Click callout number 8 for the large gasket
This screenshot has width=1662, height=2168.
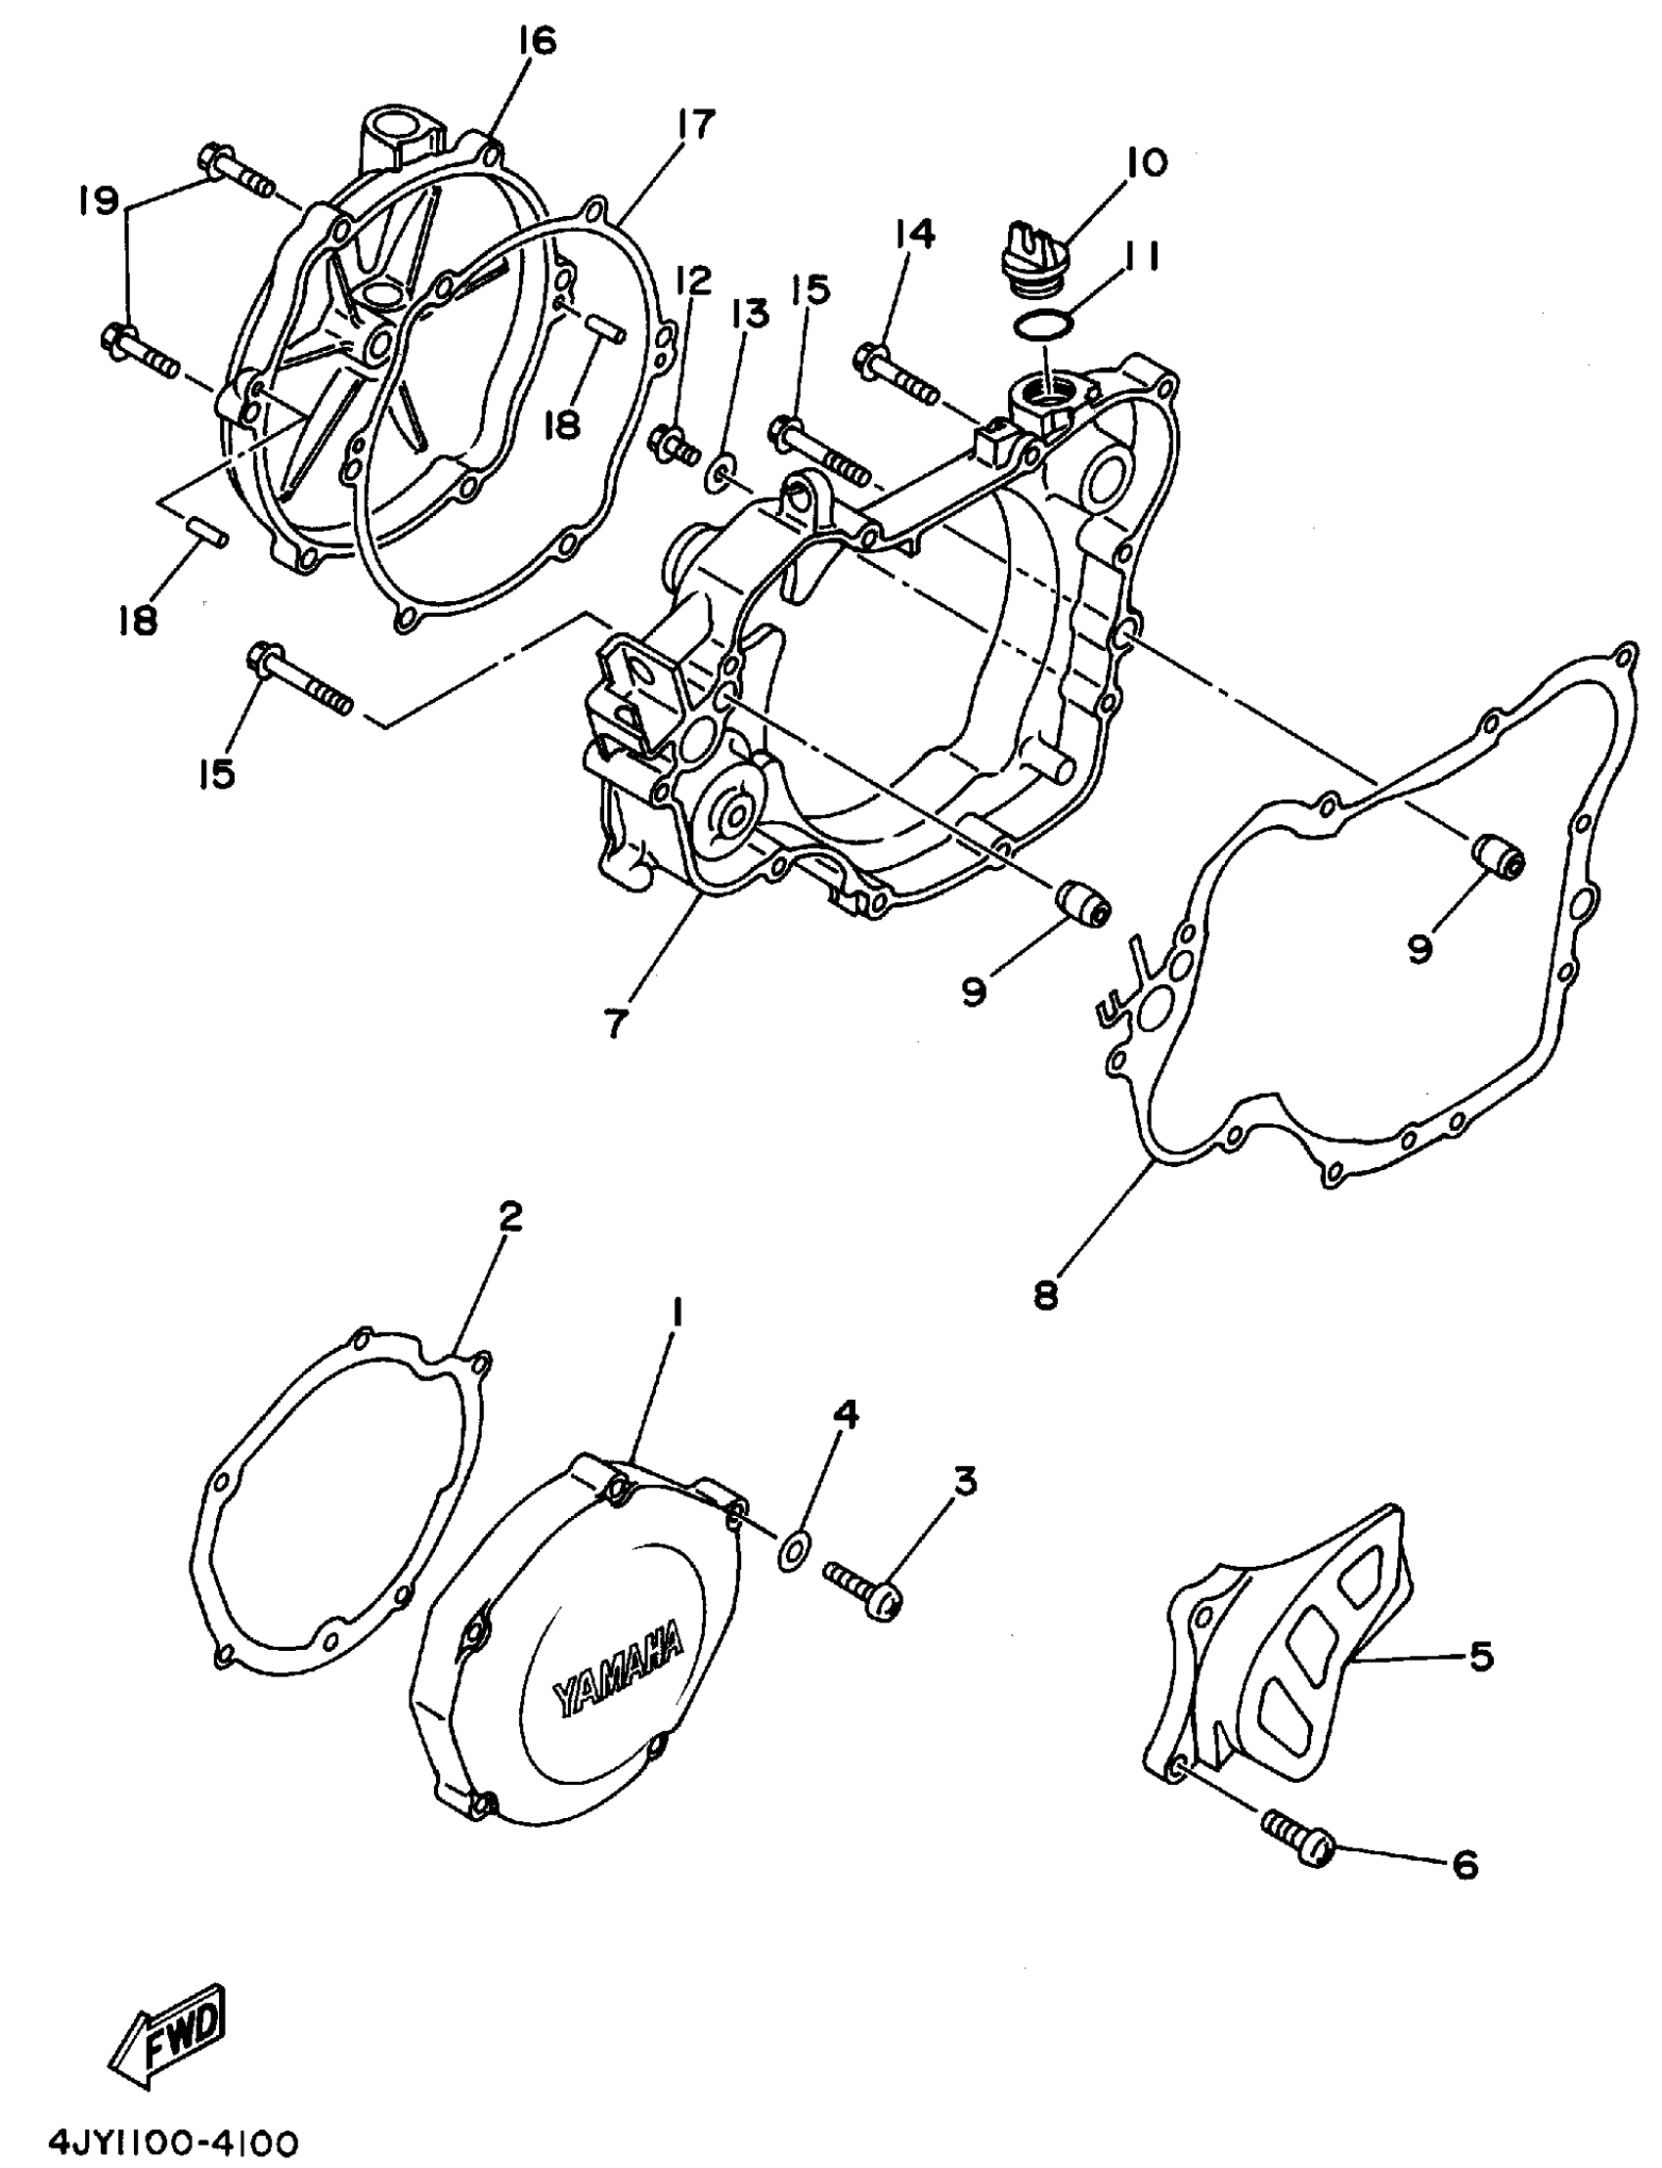point(1046,1295)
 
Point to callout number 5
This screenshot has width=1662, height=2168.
point(1480,1655)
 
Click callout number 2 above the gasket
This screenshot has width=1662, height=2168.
point(509,1217)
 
